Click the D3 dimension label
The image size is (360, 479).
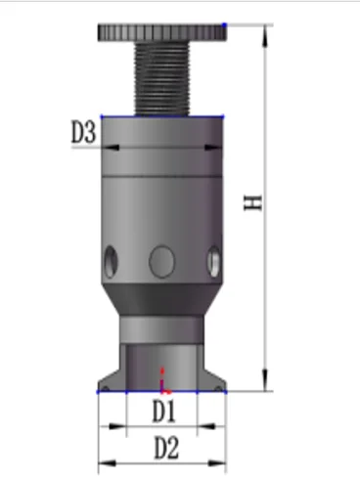(83, 132)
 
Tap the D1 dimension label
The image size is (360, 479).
(164, 412)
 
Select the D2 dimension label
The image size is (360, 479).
(166, 448)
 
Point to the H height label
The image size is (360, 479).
(252, 202)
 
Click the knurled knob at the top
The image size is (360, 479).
(162, 32)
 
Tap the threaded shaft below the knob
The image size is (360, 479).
(162, 78)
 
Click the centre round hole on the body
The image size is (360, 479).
(161, 262)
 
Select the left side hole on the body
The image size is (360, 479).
(111, 262)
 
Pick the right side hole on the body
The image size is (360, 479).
(214, 262)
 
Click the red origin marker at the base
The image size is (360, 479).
(163, 381)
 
